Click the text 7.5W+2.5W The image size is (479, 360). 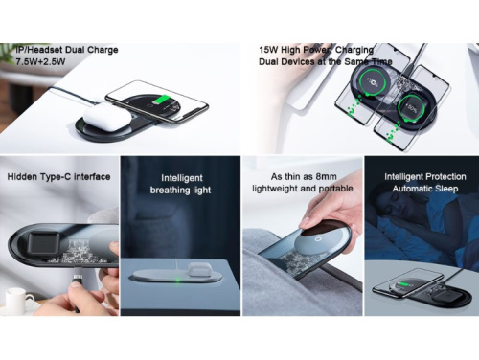40,61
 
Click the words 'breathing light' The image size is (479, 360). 180,190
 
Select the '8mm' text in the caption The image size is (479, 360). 326,176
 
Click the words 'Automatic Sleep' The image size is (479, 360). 425,189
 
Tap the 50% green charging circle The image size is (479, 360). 410,108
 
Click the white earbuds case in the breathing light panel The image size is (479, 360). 197,269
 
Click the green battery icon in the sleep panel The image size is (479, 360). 403,284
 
